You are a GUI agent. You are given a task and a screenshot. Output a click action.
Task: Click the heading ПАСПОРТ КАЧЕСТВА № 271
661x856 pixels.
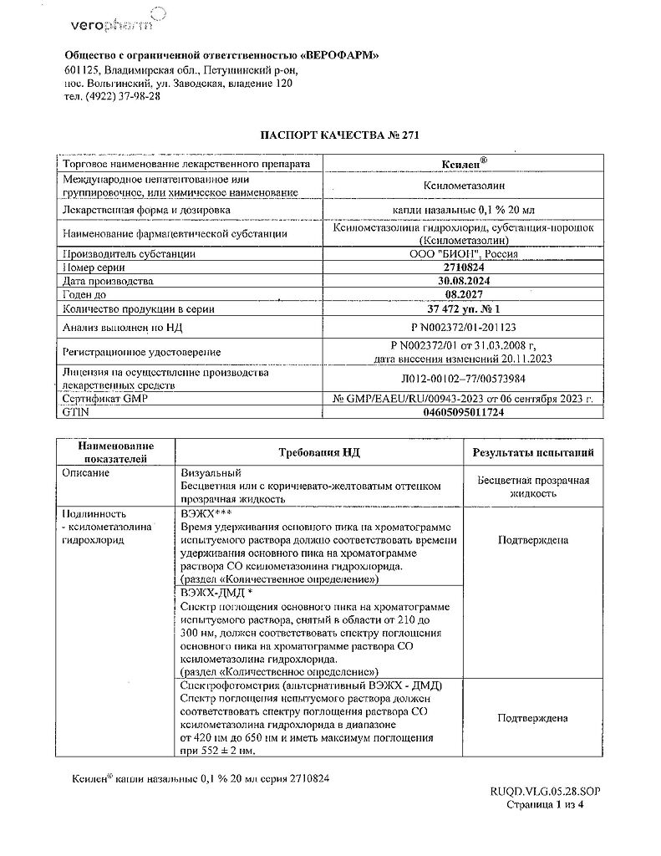click(x=330, y=135)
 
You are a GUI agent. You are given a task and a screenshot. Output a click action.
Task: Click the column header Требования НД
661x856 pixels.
click(x=318, y=452)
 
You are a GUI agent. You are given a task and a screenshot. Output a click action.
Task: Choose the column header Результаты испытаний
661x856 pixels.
click(x=533, y=452)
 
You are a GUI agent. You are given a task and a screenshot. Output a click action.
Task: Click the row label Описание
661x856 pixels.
click(x=86, y=473)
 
